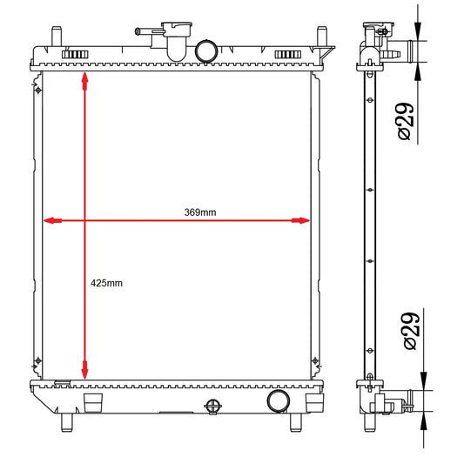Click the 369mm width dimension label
[200, 212]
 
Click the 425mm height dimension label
[106, 283]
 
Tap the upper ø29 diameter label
[405, 121]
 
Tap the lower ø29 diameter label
[411, 331]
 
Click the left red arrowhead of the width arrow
[52, 220]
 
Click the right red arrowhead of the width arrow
[300, 220]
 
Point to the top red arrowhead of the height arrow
[85, 81]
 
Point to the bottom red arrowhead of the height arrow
[85, 370]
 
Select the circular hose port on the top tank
[206, 51]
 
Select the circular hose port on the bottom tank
[279, 401]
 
